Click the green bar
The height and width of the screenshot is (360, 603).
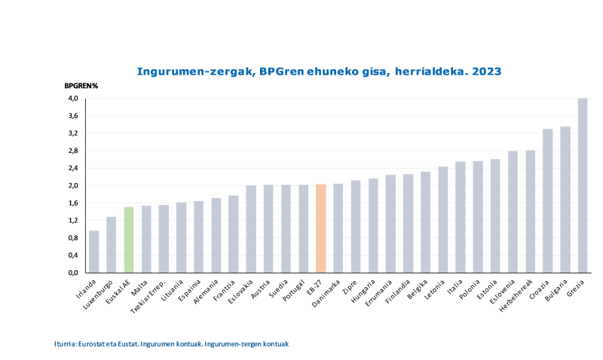[x=129, y=239]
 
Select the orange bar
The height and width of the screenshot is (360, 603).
[x=321, y=228]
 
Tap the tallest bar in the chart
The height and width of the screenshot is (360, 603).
[x=583, y=185]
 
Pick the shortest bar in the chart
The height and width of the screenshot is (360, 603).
[x=94, y=252]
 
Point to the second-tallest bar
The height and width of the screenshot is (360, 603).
[x=565, y=199]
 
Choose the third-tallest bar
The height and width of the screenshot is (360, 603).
[x=548, y=200]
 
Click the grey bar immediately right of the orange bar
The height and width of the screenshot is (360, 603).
[x=338, y=227]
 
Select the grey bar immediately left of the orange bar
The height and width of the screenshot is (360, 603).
[x=304, y=228]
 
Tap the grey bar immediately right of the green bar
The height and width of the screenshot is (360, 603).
[x=146, y=239]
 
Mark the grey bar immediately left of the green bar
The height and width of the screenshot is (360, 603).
[x=112, y=244]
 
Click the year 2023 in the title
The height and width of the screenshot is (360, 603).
[x=487, y=71]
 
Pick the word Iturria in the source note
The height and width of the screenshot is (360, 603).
[x=65, y=343]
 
